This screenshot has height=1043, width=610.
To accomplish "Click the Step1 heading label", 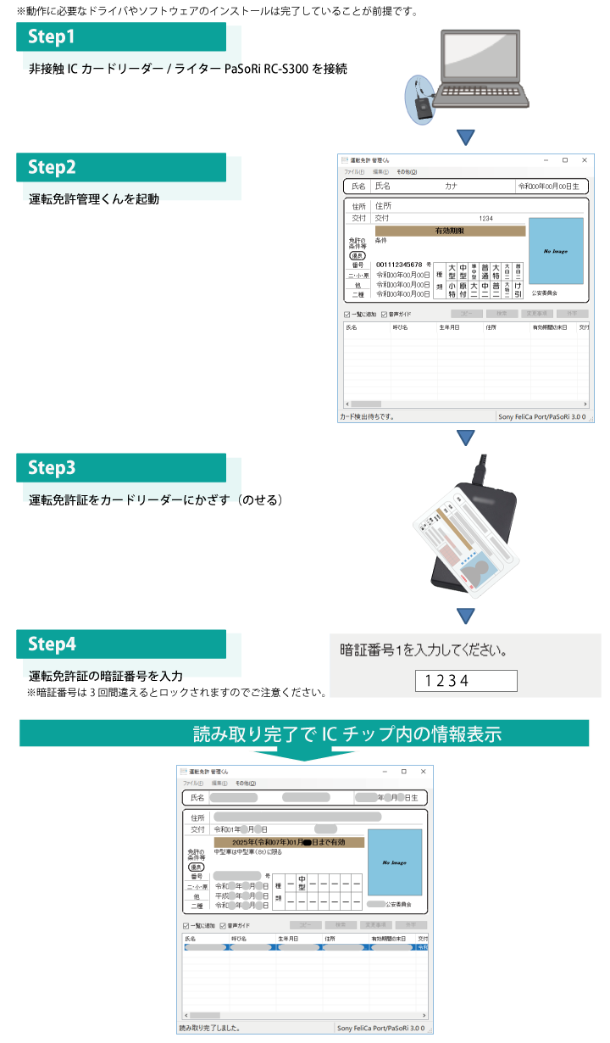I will coord(52,36).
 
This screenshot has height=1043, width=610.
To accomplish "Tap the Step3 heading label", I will coord(52,467).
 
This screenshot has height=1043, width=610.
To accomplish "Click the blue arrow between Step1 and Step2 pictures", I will coord(464,137).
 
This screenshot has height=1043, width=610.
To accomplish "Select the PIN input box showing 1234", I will coord(465,680).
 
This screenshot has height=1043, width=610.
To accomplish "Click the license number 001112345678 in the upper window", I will coord(399,265).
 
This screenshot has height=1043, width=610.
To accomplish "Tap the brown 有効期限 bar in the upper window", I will coord(450,231).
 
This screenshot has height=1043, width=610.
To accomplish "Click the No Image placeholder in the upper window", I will coord(556,252).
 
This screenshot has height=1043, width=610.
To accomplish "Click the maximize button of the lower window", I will coord(403,771).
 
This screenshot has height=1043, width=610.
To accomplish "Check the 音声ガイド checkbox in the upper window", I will coord(385,314).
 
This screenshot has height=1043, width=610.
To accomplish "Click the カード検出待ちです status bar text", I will coord(367,416).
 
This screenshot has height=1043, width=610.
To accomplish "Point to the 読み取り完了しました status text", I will coord(209,1028).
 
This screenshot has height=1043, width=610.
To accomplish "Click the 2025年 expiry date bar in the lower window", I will coord(289,842).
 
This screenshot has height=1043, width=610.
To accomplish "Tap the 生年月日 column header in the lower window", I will coord(288,939).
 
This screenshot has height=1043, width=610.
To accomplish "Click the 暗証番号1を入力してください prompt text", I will coord(424,651).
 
